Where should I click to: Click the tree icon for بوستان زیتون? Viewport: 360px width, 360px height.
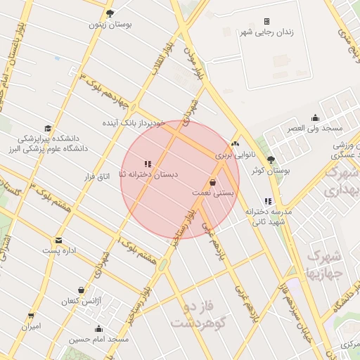coord(110,13)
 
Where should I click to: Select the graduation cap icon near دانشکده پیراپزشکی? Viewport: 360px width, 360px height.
coord(48,129)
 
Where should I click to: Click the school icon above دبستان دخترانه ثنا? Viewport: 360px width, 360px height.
coord(148,164)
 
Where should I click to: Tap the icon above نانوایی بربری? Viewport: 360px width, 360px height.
coord(235,143)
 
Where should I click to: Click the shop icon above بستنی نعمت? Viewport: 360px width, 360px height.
coord(212,182)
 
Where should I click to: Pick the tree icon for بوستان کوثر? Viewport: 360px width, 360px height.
coord(271,160)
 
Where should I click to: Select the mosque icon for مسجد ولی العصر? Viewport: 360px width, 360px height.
coord(315,118)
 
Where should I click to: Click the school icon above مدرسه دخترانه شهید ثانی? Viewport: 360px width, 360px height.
coord(268,202)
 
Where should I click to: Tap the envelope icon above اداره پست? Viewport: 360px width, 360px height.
coord(58,240)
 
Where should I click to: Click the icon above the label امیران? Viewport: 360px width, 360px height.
coord(31,316)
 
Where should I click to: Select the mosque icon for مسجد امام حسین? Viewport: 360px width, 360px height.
coord(98,328)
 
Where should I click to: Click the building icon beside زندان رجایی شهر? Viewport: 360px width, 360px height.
coord(266,21)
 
